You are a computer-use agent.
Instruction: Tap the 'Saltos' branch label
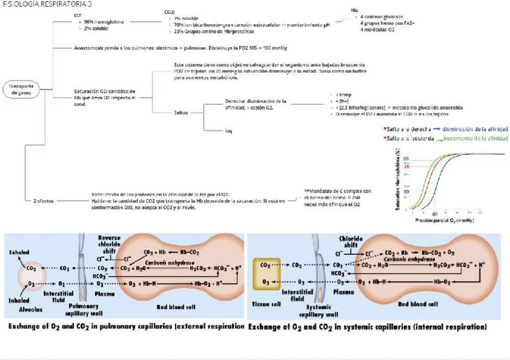click(x=181, y=112)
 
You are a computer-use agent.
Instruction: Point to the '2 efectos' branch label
click(x=44, y=201)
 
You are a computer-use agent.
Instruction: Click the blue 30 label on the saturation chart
click(x=407, y=191)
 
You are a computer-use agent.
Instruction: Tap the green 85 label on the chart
click(x=407, y=159)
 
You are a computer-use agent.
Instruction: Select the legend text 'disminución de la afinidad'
click(x=475, y=129)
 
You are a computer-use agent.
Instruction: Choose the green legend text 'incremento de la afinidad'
click(x=476, y=138)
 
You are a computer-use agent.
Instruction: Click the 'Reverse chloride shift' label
click(x=109, y=243)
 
